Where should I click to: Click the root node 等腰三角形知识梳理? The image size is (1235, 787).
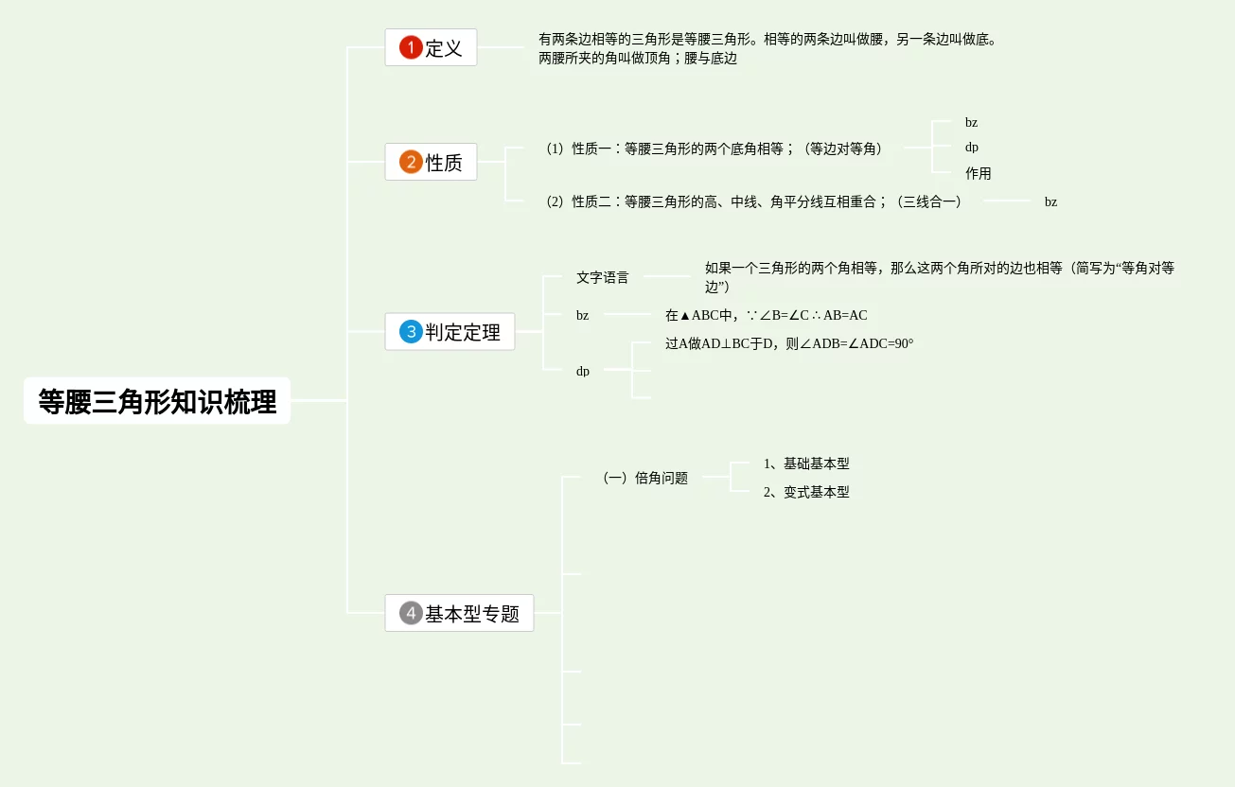157,401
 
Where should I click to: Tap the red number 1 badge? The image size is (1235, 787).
411,47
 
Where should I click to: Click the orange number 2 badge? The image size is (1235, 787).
411,162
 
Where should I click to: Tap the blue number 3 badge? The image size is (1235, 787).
411,332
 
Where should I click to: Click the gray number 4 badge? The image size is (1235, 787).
411,613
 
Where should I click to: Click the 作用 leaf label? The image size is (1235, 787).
978,174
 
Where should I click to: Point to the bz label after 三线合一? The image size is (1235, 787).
1050,202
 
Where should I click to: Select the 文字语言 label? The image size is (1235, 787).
602,278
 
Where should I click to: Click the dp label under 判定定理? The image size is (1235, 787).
583,371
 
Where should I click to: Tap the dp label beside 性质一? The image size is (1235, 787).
972,148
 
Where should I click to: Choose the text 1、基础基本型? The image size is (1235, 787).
806,464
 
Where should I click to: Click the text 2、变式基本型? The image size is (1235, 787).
806,493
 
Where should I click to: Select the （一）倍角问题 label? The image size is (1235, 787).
644,479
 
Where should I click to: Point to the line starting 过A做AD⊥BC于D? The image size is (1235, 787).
789,344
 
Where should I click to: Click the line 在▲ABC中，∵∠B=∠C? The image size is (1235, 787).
766,316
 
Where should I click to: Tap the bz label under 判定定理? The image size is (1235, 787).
582,316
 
